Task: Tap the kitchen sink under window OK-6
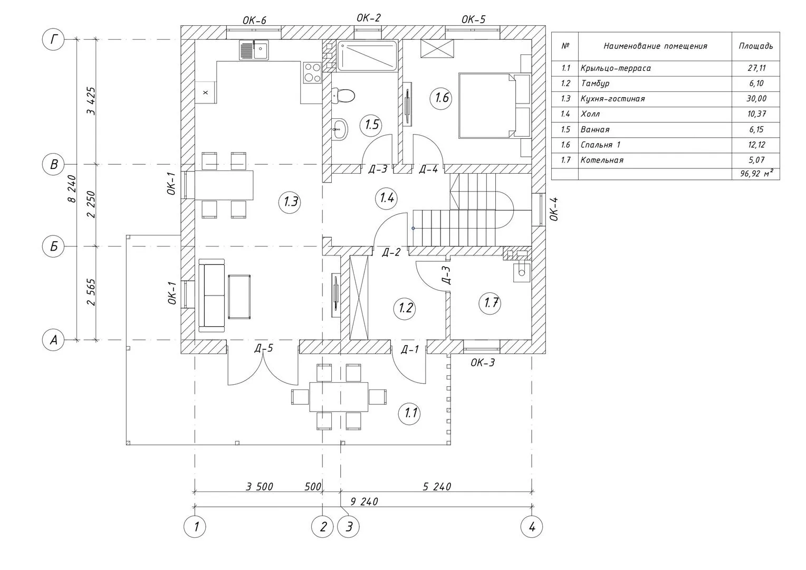(x=254, y=50)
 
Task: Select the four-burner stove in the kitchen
(x=312, y=72)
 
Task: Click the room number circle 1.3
(x=290, y=202)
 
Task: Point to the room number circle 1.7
(x=490, y=303)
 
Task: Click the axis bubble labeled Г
(x=53, y=39)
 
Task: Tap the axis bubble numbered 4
(x=532, y=527)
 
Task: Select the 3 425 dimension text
(x=91, y=101)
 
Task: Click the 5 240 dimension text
(x=437, y=487)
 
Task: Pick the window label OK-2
(x=369, y=18)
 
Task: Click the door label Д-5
(x=264, y=348)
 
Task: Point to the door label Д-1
(x=410, y=349)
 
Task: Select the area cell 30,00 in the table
(x=756, y=99)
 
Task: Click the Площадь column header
(x=756, y=46)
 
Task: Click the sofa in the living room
(x=212, y=295)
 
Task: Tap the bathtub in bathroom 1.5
(x=367, y=55)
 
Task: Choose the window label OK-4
(x=554, y=209)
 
